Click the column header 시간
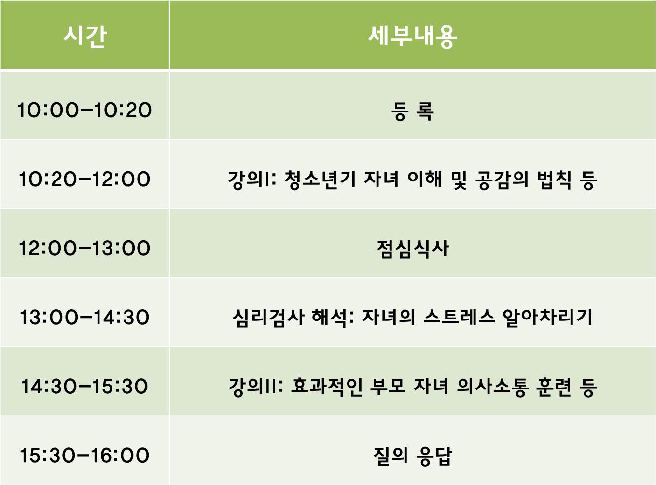point(85,36)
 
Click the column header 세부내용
point(412,36)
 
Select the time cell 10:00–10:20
point(84,111)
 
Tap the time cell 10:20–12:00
point(84,180)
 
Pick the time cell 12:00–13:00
point(84,249)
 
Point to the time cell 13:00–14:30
point(84,318)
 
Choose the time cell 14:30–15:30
point(84,387)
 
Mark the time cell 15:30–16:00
point(84,456)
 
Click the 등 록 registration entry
point(412,111)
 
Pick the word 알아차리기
point(547,318)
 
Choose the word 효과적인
point(326,387)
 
